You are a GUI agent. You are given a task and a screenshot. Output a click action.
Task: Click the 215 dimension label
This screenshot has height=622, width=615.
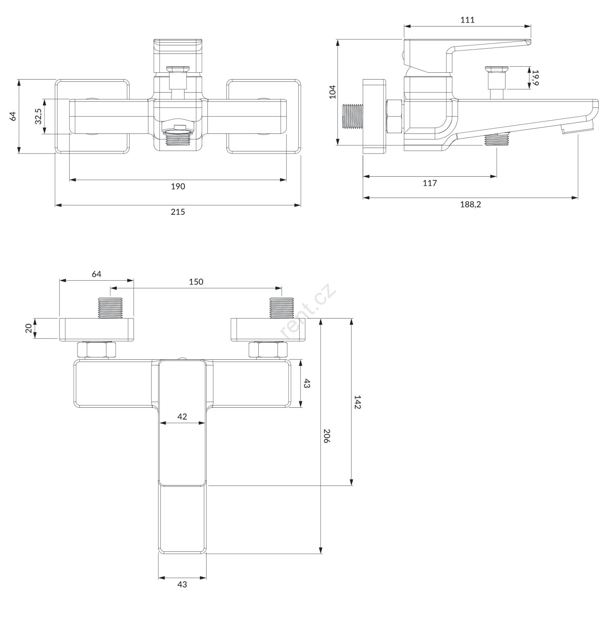coord(178,212)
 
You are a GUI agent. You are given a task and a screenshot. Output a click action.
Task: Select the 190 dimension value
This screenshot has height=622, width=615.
coord(178,187)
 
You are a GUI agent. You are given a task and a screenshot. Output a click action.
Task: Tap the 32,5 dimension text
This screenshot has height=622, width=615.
coord(38,116)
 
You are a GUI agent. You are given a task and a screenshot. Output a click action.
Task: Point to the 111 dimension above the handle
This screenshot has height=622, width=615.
coord(467,20)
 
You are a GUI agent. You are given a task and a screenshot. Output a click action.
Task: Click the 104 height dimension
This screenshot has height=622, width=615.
coord(333,92)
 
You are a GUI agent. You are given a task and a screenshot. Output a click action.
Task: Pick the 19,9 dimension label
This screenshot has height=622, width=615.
coord(535,77)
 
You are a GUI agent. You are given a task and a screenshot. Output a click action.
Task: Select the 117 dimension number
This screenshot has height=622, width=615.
coord(430,184)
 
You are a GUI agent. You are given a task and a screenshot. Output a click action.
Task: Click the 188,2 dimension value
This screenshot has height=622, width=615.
coord(470,204)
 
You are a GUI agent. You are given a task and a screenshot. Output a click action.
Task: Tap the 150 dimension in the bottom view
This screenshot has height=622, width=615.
coord(196,282)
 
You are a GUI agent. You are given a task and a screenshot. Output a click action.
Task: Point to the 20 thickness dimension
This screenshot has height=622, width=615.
coord(29,328)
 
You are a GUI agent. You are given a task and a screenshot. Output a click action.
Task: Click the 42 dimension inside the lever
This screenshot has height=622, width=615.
coord(182,417)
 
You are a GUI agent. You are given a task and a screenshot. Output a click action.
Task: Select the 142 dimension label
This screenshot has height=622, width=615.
coord(358,402)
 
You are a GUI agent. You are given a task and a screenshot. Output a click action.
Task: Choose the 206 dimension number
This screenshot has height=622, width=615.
coord(327,436)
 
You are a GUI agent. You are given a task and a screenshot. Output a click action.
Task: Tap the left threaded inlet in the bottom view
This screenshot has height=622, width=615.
coord(110,308)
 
